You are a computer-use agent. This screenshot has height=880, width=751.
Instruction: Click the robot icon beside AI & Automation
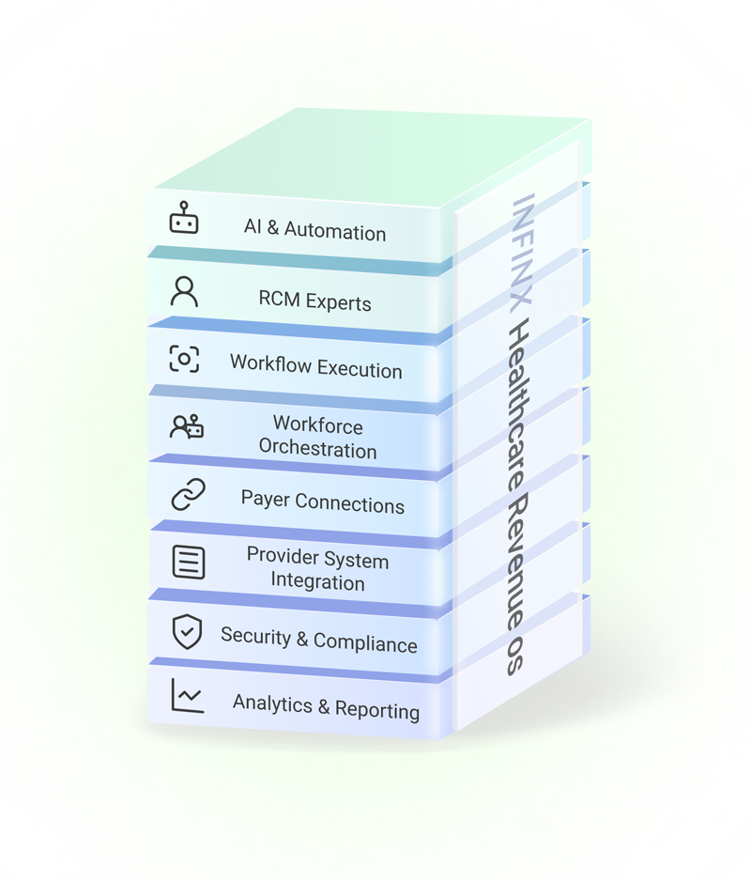pos(184,219)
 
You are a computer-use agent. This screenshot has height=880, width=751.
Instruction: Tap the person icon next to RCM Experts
pos(184,291)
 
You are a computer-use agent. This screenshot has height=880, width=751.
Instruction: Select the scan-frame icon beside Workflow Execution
pos(184,359)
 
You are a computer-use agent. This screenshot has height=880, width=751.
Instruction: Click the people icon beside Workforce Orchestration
pos(186,427)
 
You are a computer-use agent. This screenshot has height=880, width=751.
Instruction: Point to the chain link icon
pos(187,494)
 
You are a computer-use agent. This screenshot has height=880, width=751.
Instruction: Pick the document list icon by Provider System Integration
pos(188,562)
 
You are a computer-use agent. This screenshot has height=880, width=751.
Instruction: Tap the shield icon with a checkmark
pos(187,630)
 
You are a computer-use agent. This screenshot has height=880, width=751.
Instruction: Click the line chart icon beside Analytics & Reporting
pos(187,696)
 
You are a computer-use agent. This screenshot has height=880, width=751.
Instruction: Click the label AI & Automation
pos(314,231)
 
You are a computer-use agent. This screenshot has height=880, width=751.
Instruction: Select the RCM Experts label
pos(315,301)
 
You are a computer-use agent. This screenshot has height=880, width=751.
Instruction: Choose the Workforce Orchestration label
pos(317,437)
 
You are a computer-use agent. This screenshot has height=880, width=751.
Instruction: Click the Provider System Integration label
pos(317,569)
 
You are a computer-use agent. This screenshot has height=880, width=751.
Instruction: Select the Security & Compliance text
pos(318,641)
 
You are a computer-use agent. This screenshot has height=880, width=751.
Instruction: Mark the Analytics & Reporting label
pos(326,706)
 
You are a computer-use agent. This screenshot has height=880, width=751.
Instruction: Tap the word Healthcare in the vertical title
pos(518,409)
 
